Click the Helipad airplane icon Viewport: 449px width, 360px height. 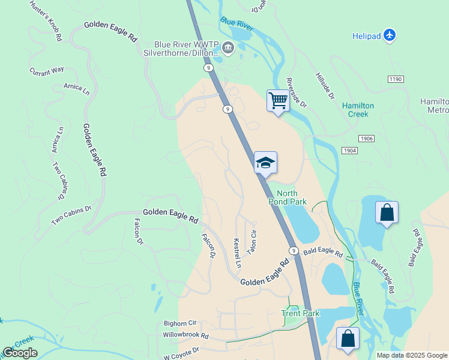tap(390, 36)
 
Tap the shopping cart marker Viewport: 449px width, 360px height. tap(278, 100)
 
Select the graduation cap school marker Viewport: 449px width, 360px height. tap(266, 162)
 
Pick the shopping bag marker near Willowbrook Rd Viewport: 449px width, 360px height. tap(348, 338)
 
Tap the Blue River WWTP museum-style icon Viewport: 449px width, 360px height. tap(228, 47)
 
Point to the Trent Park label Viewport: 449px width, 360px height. tap(301, 313)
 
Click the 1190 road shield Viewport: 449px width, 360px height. tap(396, 79)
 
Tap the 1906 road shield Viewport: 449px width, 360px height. tap(367, 139)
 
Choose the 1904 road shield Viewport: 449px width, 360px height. tap(351, 150)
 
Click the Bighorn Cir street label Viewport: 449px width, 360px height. tap(180, 323)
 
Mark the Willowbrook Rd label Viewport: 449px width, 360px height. tap(185, 336)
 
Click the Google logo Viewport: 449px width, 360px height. tap(20, 353)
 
